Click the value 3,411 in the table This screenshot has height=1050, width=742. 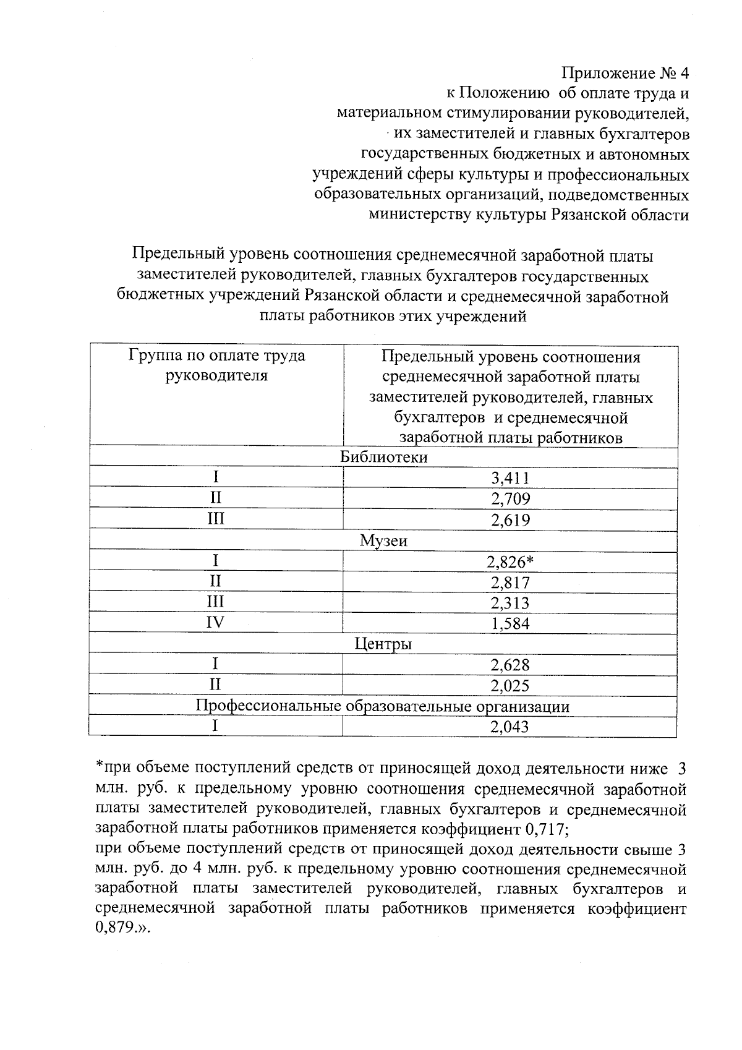510,477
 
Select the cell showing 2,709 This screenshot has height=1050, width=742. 510,498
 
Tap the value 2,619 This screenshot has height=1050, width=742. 510,519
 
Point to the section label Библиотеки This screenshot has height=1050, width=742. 384,457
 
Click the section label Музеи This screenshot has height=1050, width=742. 384,540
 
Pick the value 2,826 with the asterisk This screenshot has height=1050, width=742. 510,561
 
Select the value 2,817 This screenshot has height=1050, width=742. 510,582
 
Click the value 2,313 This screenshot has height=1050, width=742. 510,603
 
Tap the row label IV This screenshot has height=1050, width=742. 215,623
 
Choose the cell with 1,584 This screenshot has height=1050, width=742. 510,623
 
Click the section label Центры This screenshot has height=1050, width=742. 383,644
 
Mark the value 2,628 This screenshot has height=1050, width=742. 510,665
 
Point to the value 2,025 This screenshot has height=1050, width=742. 510,685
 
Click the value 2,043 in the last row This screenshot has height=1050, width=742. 510,727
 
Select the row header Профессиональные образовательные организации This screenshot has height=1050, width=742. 383,706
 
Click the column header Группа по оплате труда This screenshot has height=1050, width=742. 216,356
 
